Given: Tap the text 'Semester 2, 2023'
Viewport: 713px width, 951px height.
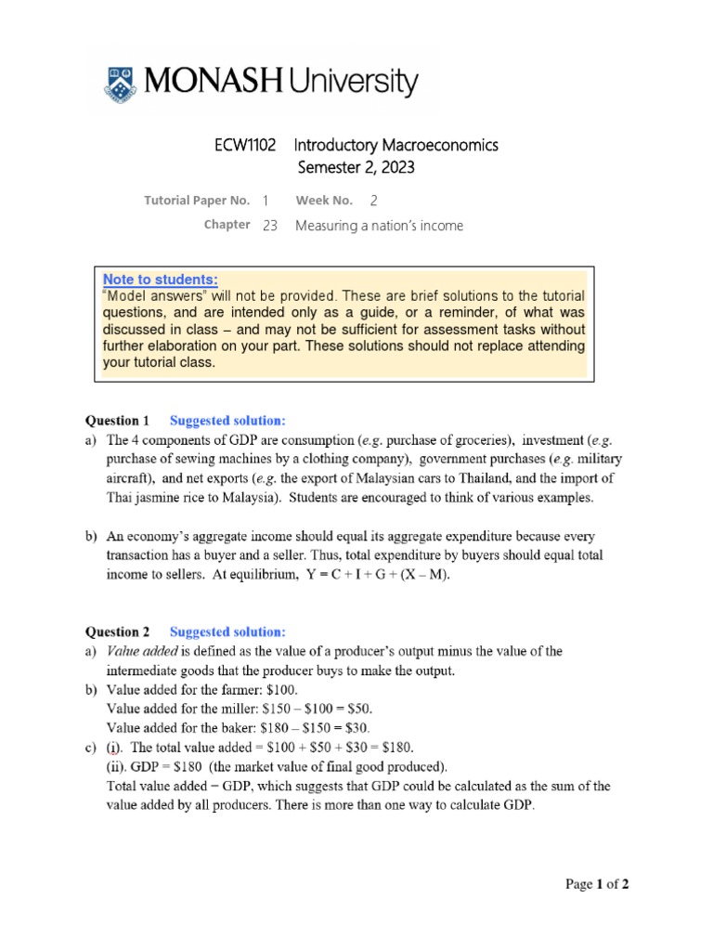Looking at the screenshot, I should pos(356,168).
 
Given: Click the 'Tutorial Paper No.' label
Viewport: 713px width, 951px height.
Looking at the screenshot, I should pos(197,201).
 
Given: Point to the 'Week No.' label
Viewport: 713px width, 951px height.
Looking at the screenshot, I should pos(324,201).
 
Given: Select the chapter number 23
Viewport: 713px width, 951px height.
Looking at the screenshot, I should pos(270,226).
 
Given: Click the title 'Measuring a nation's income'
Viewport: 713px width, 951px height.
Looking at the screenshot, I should pos(379,226).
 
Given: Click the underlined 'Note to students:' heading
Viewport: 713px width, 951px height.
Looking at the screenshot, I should pos(160,280).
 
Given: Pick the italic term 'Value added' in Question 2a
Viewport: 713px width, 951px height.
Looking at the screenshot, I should pos(140,652).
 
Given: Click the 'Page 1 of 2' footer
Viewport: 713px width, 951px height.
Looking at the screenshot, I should pos(597,885).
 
